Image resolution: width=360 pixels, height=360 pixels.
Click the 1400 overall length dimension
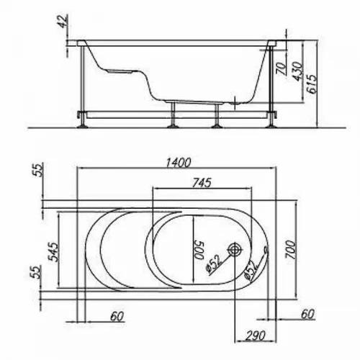179,163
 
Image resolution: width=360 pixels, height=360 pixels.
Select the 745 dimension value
202,182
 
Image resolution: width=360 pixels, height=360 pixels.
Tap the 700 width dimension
290,249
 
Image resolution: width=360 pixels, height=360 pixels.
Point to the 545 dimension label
53,252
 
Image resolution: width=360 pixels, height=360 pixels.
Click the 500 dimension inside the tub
199,251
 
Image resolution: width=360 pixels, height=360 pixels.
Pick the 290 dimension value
255,335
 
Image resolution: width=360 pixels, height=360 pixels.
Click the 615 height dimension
312,84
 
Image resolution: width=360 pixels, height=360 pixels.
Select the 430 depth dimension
297,71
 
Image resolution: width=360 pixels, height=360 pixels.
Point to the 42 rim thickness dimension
63,21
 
